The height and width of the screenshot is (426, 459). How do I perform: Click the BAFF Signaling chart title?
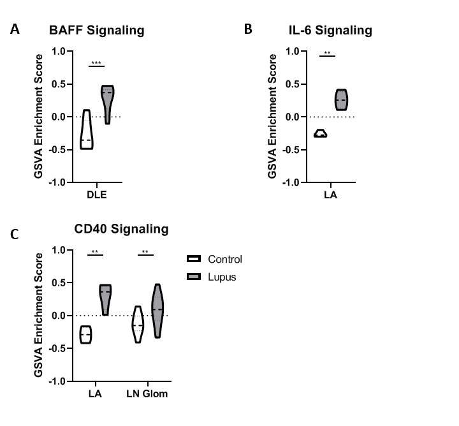click(x=97, y=30)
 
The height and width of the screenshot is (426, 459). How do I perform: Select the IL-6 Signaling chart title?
click(x=329, y=30)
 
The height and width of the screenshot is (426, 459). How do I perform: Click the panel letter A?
click(x=15, y=29)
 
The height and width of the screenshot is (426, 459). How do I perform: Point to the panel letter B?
click(x=248, y=29)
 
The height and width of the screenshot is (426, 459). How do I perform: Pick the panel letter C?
click(x=15, y=235)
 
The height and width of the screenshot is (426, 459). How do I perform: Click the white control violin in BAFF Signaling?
click(x=86, y=131)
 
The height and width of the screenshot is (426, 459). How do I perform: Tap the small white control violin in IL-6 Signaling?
click(x=321, y=133)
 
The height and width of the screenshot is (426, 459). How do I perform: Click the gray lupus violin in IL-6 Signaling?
click(x=341, y=100)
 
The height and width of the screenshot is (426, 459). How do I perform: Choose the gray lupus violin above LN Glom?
click(x=157, y=309)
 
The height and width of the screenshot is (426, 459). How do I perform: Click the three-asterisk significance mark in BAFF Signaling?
click(x=96, y=63)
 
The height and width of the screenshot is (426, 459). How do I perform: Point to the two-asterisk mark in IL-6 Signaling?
click(x=327, y=54)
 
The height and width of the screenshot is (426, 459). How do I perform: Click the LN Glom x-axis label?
click(x=146, y=393)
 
